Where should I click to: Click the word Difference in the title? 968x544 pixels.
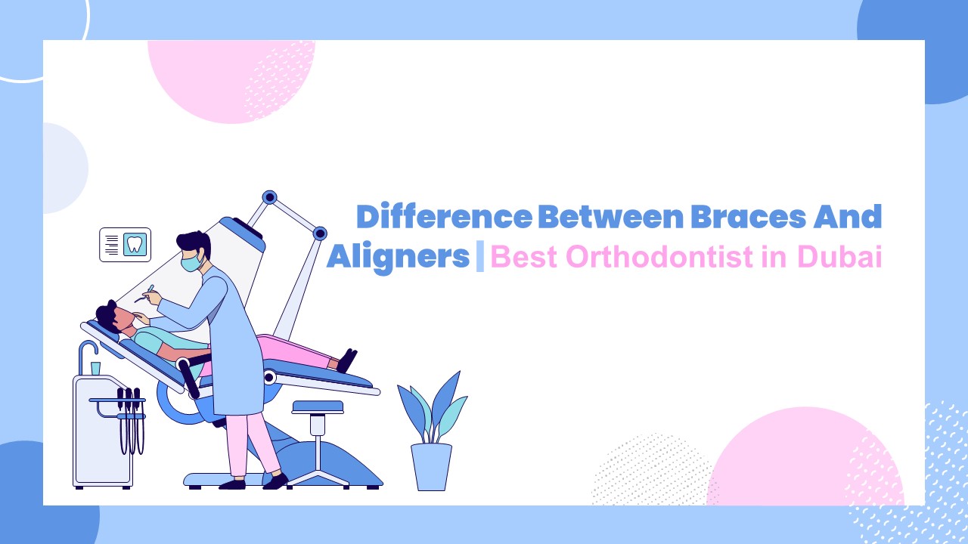coord(444,218)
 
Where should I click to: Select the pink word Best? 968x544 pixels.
coord(524,258)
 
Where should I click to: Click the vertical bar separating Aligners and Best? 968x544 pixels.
coord(480,258)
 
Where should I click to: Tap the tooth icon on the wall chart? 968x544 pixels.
coord(135,244)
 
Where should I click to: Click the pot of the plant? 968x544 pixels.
coord(431,466)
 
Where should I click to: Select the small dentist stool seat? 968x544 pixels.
coord(318,407)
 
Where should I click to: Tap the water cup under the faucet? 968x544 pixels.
coord(95,368)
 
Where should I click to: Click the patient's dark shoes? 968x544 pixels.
coord(347,360)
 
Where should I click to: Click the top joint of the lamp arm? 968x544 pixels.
coord(269,198)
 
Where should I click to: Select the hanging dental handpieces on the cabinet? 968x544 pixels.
coord(130,419)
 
